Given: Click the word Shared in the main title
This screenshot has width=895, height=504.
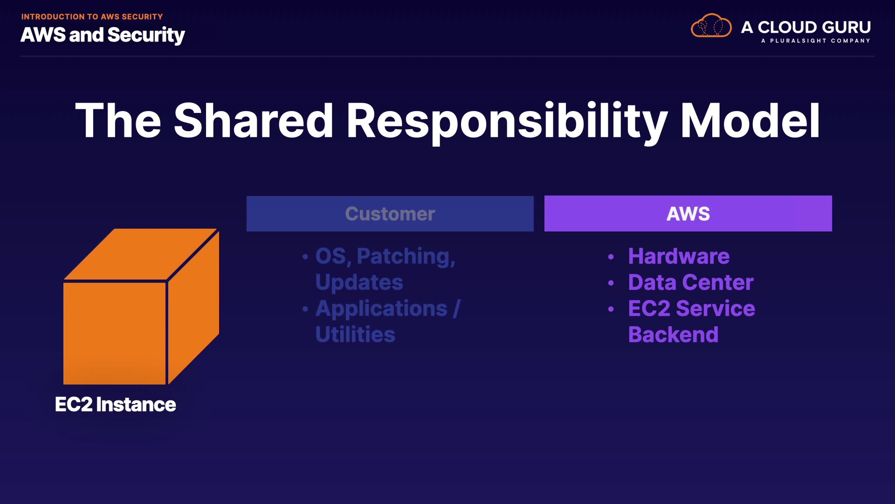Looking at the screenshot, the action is (253, 121).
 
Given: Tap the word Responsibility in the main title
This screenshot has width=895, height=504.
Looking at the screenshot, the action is (507, 121).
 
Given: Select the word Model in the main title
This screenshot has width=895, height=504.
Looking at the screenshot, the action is (750, 121).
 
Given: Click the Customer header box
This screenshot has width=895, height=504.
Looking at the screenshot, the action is (390, 214).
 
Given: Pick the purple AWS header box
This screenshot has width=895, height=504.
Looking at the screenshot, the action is (688, 214).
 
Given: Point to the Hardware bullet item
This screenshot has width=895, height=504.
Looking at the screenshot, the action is (679, 256).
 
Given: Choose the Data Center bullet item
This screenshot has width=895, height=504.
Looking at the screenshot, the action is (690, 282).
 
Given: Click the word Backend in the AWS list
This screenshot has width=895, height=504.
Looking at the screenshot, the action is (673, 335).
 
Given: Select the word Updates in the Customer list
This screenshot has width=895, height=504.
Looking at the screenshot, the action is (359, 282).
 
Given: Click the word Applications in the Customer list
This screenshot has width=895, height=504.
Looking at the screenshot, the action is (381, 308).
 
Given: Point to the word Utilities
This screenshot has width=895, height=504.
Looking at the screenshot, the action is (355, 335).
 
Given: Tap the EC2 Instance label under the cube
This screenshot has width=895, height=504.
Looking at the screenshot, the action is (115, 405).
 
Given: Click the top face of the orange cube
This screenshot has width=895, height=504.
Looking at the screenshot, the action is (140, 254).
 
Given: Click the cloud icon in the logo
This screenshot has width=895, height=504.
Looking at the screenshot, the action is (711, 26).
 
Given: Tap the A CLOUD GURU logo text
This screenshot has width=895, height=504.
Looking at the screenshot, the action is (806, 27).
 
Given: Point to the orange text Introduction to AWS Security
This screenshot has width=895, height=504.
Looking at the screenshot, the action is (92, 17).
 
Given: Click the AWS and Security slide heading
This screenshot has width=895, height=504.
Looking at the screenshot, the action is (103, 35).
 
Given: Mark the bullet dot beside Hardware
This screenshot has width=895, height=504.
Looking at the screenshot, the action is (611, 257).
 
